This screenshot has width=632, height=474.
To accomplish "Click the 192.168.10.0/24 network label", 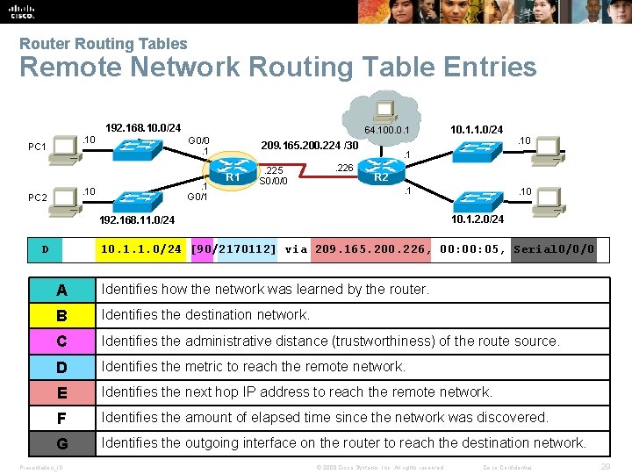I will [143, 128].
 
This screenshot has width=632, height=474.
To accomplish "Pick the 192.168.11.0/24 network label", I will [135, 219].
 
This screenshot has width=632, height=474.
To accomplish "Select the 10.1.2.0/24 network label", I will [478, 219].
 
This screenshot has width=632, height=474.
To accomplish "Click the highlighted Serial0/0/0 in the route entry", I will [554, 249].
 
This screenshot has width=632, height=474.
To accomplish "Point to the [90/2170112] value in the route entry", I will [233, 249].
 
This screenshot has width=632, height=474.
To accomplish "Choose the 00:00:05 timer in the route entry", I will [472, 249].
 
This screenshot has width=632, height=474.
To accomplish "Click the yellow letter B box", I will [61, 315].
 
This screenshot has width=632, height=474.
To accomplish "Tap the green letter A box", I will [61, 290].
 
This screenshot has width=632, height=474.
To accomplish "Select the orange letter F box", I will [61, 418].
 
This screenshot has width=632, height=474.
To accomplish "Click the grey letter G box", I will [61, 443].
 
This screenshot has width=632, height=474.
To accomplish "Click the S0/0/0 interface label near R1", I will [275, 181].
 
